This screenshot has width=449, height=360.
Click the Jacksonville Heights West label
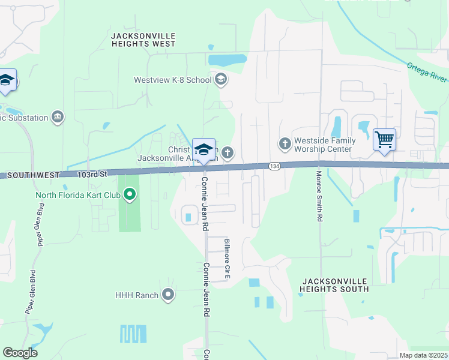coord(143,40)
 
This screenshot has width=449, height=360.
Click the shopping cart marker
coord(384,140)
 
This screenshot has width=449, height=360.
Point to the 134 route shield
coord(274,166)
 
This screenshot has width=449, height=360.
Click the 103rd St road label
coord(92,174)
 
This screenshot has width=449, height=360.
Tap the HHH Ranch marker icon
coord(168,295)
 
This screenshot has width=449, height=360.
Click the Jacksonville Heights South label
coord(335,285)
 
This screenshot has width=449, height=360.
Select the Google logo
coord(20,353)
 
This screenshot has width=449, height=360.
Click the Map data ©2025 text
coord(423,355)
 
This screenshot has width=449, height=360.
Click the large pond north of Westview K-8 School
coord(227,60)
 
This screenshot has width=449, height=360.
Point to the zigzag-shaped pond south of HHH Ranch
coord(133,334)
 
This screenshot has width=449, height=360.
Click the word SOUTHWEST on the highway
coord(34,175)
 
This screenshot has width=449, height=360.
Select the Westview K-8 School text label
coord(172,79)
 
